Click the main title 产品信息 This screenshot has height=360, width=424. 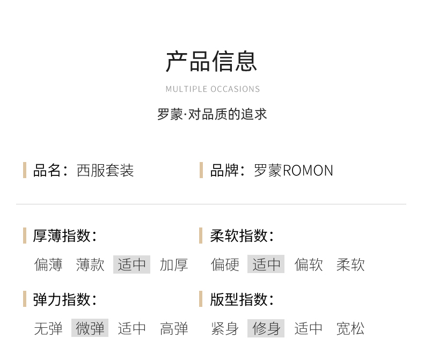[x=211, y=62]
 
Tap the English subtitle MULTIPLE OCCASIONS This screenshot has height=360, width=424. [x=213, y=89]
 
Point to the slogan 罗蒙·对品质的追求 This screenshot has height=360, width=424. [x=212, y=114]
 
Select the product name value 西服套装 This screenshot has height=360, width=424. [x=105, y=171]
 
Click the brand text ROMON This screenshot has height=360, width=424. [x=308, y=171]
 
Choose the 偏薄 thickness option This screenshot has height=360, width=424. [x=48, y=265]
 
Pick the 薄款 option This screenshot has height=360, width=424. [x=90, y=265]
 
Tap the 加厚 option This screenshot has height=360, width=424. [x=174, y=265]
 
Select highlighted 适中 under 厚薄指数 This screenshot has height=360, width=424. [x=131, y=265]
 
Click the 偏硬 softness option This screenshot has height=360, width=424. [x=225, y=265]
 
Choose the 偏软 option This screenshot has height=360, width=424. [x=309, y=265]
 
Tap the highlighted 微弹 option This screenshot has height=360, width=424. [x=90, y=328]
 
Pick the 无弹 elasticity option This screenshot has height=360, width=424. [x=48, y=328]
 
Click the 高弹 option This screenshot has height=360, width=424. [x=174, y=328]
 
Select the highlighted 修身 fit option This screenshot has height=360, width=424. [x=266, y=328]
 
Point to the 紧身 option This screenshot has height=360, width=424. [x=225, y=328]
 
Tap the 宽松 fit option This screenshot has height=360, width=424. [x=350, y=328]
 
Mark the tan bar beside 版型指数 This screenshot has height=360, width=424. [x=201, y=299]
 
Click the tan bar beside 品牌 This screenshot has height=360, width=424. [x=201, y=170]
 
